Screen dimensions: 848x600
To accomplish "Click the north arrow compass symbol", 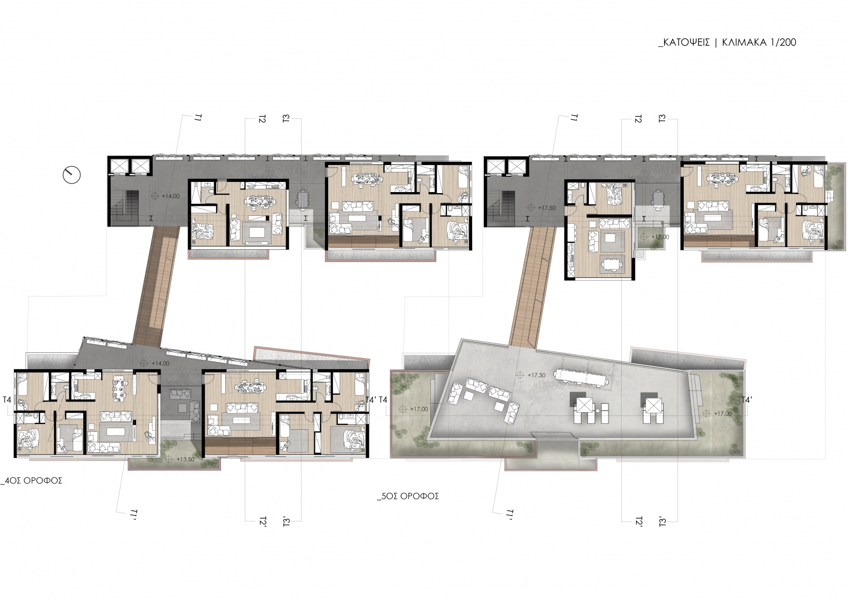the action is (72, 175).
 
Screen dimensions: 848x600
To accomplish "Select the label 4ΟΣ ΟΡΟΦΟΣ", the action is (32, 481).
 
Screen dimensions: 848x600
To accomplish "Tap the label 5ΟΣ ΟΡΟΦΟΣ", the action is (408, 496).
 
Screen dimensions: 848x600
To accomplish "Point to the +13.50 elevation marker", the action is (181, 459).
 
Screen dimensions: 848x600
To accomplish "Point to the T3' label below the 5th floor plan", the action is (662, 522).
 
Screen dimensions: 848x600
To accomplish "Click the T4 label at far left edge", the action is (7, 399).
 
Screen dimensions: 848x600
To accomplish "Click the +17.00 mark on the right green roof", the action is (717, 413).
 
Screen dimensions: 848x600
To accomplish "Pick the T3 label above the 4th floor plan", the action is (286, 119).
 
